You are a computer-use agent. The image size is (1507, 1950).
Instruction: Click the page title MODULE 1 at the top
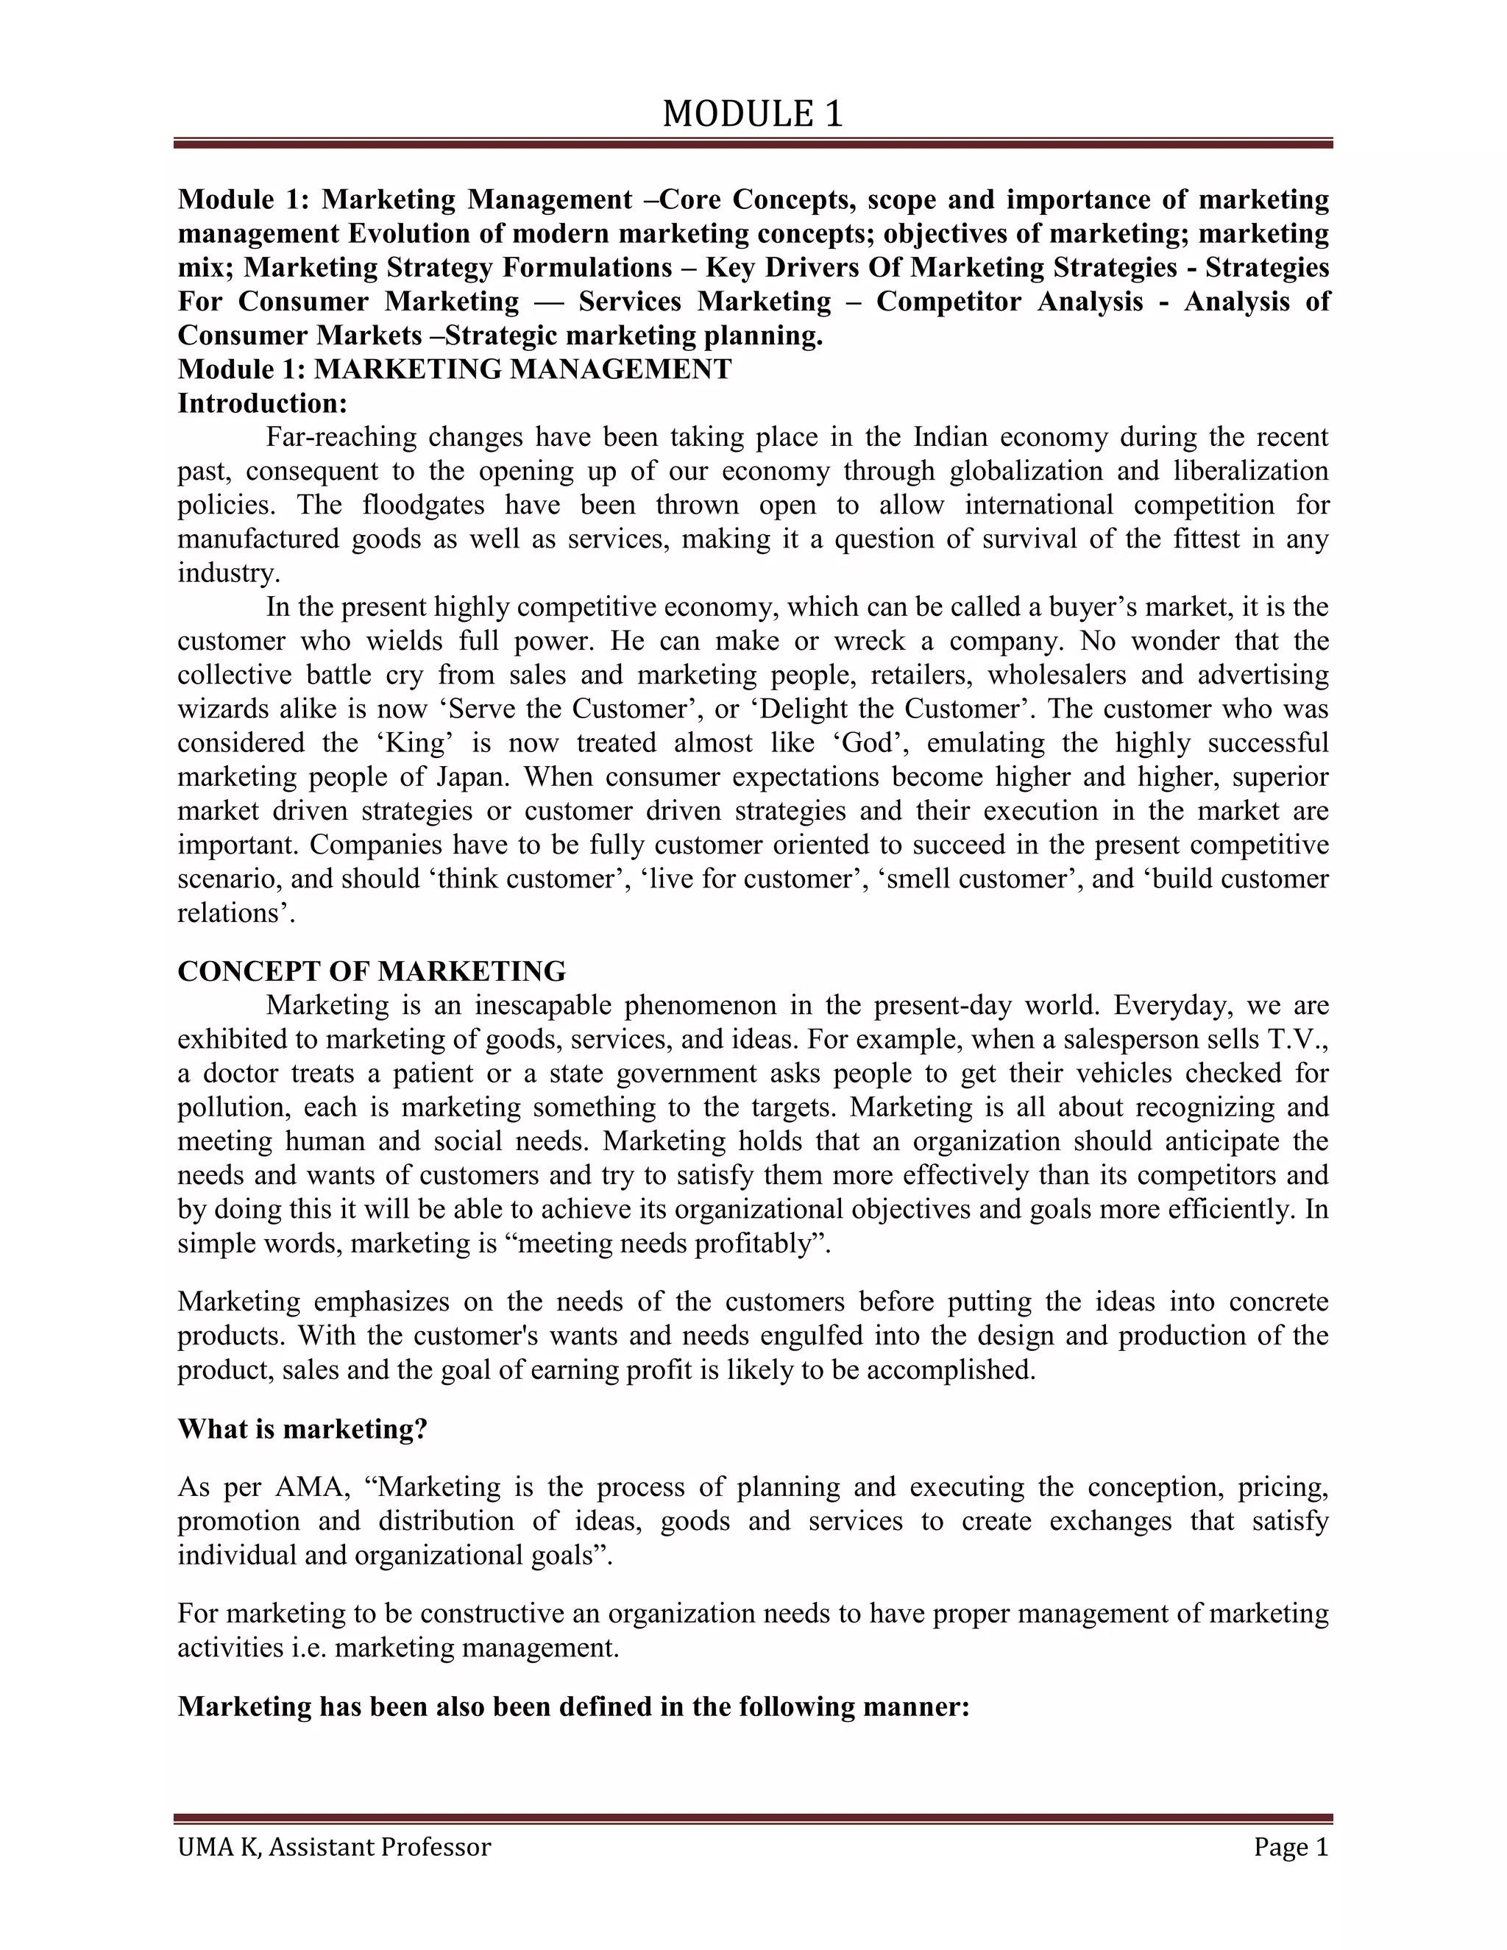(753, 114)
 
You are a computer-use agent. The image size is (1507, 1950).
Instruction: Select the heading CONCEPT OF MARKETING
(372, 971)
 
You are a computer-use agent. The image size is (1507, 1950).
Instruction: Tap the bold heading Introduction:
(261, 403)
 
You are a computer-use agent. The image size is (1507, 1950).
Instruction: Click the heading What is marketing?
(302, 1428)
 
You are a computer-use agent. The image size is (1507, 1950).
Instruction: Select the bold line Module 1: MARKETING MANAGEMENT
(455, 369)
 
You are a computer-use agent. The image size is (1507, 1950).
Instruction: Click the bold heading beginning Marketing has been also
(573, 1706)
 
